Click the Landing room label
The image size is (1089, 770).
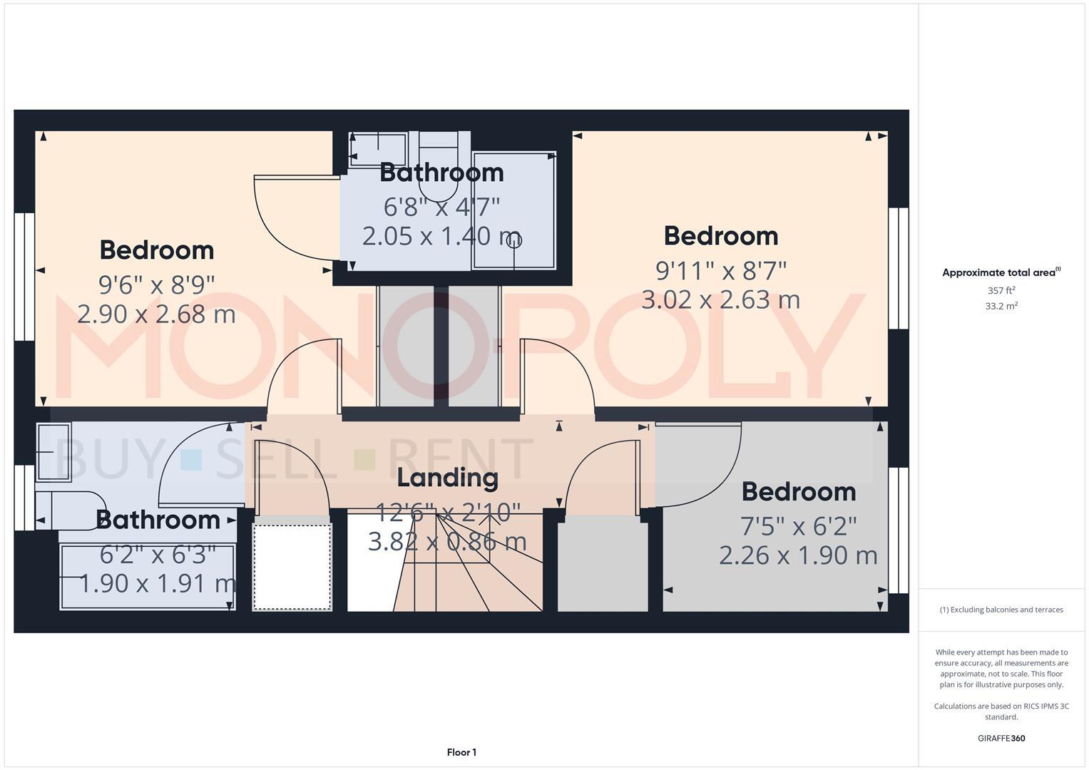[447, 478]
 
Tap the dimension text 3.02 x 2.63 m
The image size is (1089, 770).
[720, 299]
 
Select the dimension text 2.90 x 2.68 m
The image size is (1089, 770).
[156, 314]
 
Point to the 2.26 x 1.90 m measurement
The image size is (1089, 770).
[798, 555]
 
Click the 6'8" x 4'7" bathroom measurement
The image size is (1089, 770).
[441, 207]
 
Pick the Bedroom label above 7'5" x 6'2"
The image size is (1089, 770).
[798, 492]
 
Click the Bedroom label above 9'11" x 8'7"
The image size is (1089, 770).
[720, 236]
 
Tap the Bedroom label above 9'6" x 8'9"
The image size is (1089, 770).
[156, 250]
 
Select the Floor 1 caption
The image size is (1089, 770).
[461, 752]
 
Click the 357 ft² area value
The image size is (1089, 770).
[1001, 291]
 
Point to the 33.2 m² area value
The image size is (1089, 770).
[1001, 306]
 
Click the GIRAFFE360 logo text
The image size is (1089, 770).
[1001, 738]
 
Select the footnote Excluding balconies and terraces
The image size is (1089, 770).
[1001, 610]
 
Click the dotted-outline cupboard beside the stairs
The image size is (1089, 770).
[292, 567]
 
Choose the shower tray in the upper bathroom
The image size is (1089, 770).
[513, 211]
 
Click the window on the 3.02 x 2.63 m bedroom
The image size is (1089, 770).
[899, 268]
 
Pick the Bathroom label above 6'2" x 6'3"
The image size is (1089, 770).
[158, 520]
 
